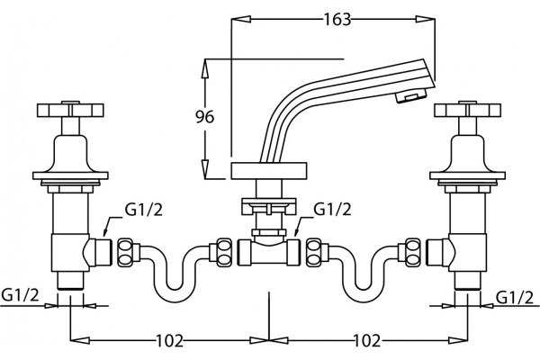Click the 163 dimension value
click(337, 19)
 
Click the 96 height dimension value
click(204, 117)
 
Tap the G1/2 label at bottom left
click(21, 295)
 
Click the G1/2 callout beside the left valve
click(143, 210)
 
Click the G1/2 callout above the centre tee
click(332, 209)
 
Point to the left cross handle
click(70, 110)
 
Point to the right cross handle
click(468, 110)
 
